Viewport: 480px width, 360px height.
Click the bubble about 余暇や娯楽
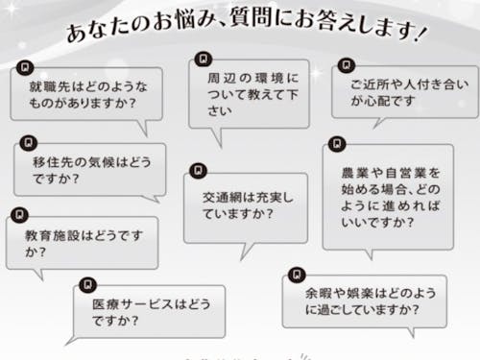(x=365, y=301)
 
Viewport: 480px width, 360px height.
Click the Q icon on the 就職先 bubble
(x=23, y=67)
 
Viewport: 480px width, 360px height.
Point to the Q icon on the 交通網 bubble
(x=197, y=170)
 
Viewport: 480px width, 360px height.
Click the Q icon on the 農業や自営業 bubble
(x=336, y=144)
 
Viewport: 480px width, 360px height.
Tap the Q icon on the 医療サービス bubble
(x=87, y=284)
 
